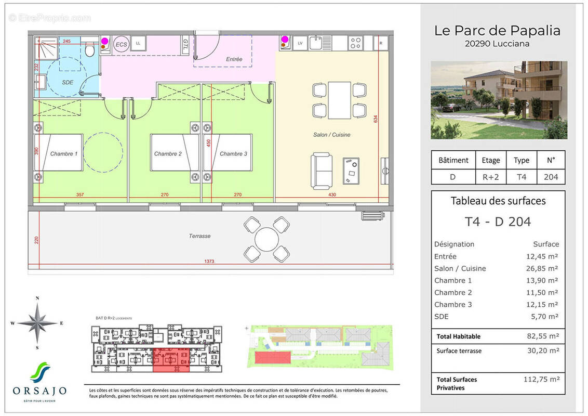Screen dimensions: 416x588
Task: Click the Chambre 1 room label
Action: (64, 154)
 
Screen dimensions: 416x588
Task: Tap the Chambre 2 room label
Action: (168, 154)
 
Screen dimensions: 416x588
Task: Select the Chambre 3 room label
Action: (233, 154)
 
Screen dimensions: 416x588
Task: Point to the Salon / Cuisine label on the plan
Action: (331, 135)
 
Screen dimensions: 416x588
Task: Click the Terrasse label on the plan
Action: (199, 236)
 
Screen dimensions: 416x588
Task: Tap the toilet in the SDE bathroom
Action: (89, 50)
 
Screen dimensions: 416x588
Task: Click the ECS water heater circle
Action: (121, 44)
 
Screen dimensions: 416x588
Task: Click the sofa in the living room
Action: (322, 171)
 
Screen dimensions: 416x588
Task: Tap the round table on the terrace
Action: (266, 239)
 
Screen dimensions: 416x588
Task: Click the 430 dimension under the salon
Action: (331, 195)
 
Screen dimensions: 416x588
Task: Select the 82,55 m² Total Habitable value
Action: (543, 336)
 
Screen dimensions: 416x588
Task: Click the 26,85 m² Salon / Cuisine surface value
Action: (543, 268)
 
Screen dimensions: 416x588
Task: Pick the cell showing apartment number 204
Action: (551, 177)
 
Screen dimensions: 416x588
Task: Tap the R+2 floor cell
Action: (491, 177)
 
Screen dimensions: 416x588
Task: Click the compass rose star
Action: (37, 323)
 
